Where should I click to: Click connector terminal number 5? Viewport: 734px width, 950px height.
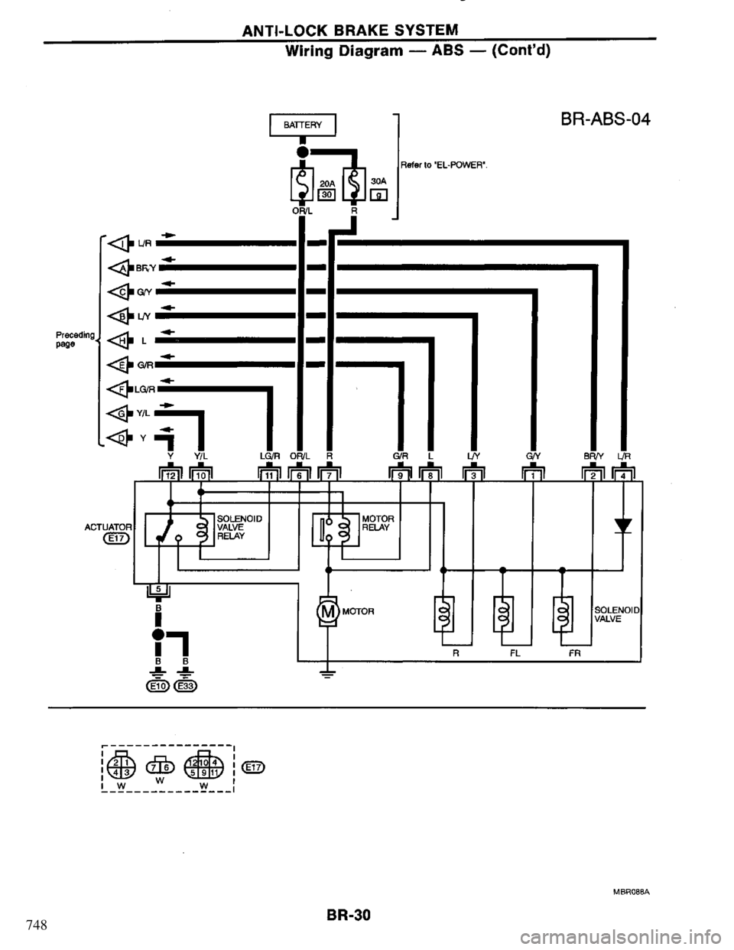click(x=158, y=588)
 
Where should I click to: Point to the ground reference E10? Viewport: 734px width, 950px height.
click(x=158, y=685)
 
